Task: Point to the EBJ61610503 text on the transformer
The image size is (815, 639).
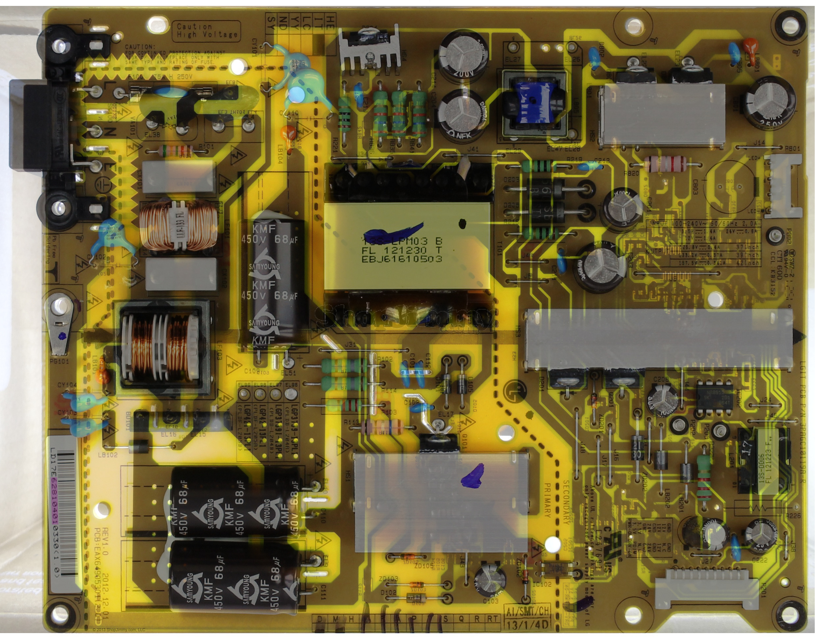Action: point(401,259)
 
